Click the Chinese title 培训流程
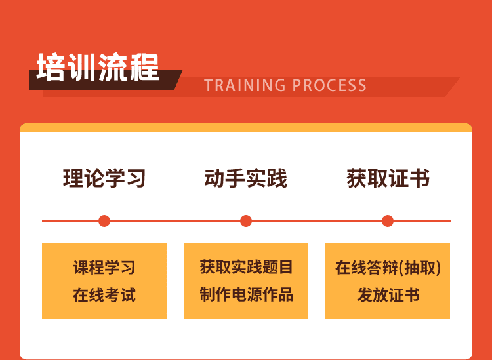pos(98,67)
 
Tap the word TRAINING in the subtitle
pos(245,85)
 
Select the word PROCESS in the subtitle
pos(329,85)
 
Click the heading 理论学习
pos(104,178)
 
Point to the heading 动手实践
pos(246,178)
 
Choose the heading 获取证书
pos(388,178)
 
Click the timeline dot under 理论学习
pos(104,221)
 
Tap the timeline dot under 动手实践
pos(246,221)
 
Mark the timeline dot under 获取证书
pos(388,221)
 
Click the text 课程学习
pos(104,268)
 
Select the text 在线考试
pos(104,295)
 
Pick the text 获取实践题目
pos(246,267)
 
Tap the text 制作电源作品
pos(246,294)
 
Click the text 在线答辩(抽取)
pos(388,268)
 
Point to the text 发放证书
pos(388,295)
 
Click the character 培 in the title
pos(51,67)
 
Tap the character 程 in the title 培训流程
pos(145,67)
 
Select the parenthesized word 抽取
pos(419,268)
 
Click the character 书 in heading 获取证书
pos(420,178)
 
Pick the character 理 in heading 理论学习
pos(73,178)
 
